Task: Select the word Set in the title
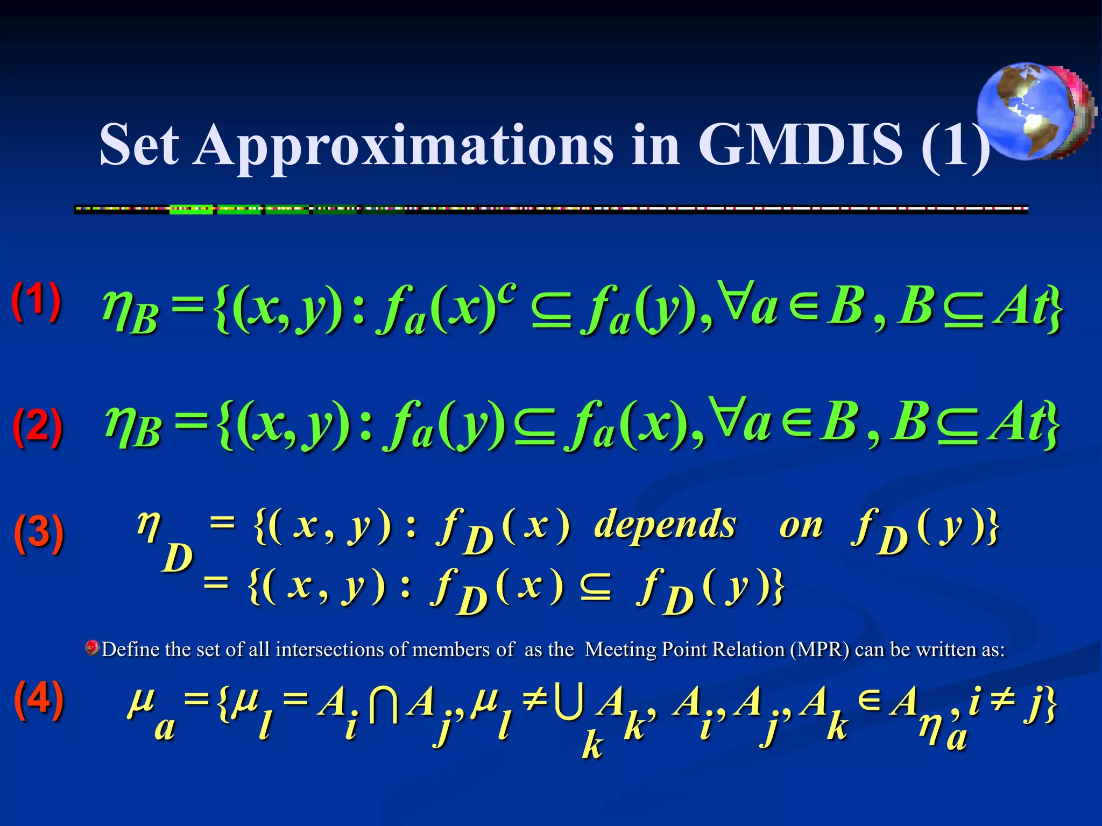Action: tap(139, 144)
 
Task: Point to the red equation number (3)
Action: tap(39, 532)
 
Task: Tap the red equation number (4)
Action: tap(39, 699)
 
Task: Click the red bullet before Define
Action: tap(92, 648)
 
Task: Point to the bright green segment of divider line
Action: tap(191, 210)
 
